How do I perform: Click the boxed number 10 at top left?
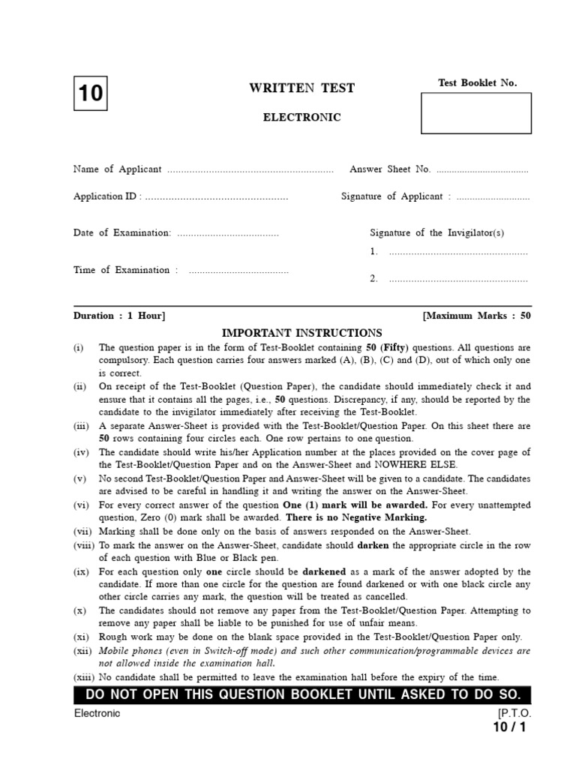point(90,94)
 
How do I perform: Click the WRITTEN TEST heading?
point(301,88)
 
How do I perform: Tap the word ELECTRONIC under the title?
point(301,117)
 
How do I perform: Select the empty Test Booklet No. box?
point(476,114)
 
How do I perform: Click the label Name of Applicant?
point(117,169)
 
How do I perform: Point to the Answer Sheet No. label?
point(390,169)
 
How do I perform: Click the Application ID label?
point(106,196)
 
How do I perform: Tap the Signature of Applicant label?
point(391,196)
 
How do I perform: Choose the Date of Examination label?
point(122,233)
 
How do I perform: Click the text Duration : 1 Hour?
point(119,316)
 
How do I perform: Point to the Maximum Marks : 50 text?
point(477,316)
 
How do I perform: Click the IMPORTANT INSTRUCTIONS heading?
point(302,333)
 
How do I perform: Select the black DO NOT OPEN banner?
point(302,694)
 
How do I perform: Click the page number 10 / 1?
point(510,727)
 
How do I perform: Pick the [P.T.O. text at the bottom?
point(514,713)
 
